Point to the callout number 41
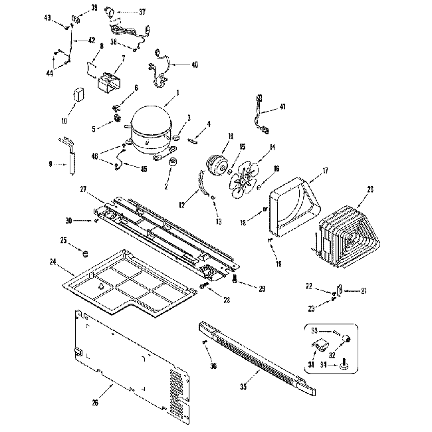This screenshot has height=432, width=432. [x=282, y=107]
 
